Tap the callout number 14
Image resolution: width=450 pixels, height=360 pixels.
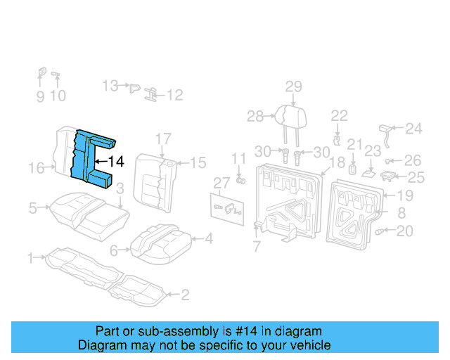[x=116, y=162]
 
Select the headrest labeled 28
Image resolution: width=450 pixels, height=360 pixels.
[x=284, y=115]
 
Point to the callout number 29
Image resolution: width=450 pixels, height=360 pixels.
[x=293, y=86]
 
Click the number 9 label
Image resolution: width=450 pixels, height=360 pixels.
[x=40, y=96]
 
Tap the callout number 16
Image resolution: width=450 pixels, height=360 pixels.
[x=37, y=167]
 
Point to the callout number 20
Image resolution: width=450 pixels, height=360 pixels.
[x=405, y=231]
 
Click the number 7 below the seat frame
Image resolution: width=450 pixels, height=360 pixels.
[x=257, y=247]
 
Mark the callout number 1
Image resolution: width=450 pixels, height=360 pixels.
[x=30, y=259]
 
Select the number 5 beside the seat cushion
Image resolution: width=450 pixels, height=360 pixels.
[x=33, y=207]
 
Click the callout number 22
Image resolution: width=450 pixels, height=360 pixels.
[x=339, y=115]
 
